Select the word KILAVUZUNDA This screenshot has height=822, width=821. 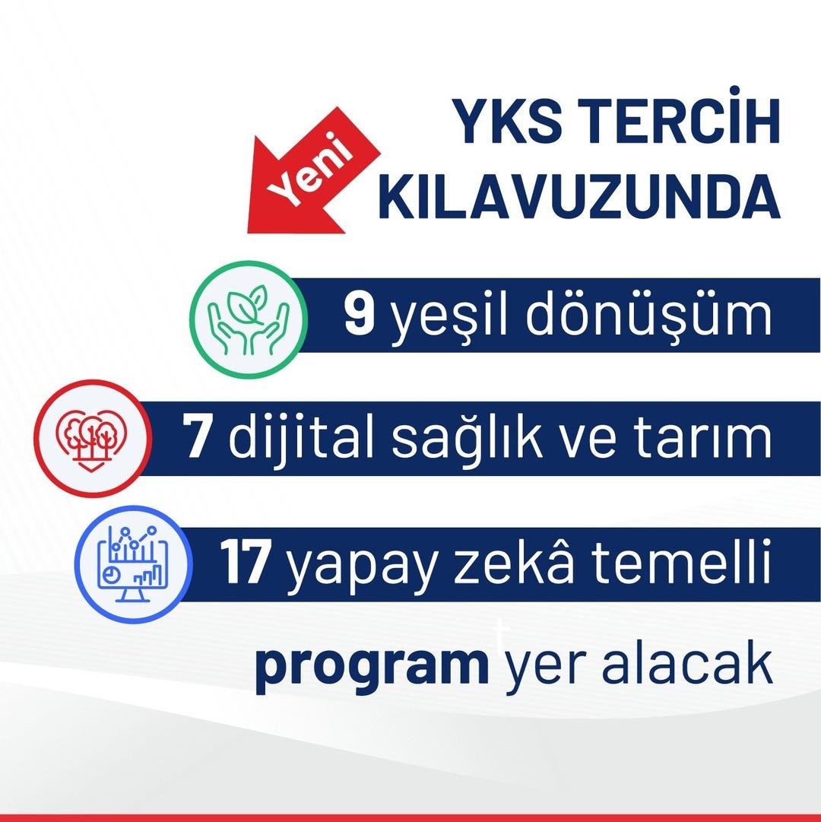(579, 197)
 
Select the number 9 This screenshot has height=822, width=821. (360, 315)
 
